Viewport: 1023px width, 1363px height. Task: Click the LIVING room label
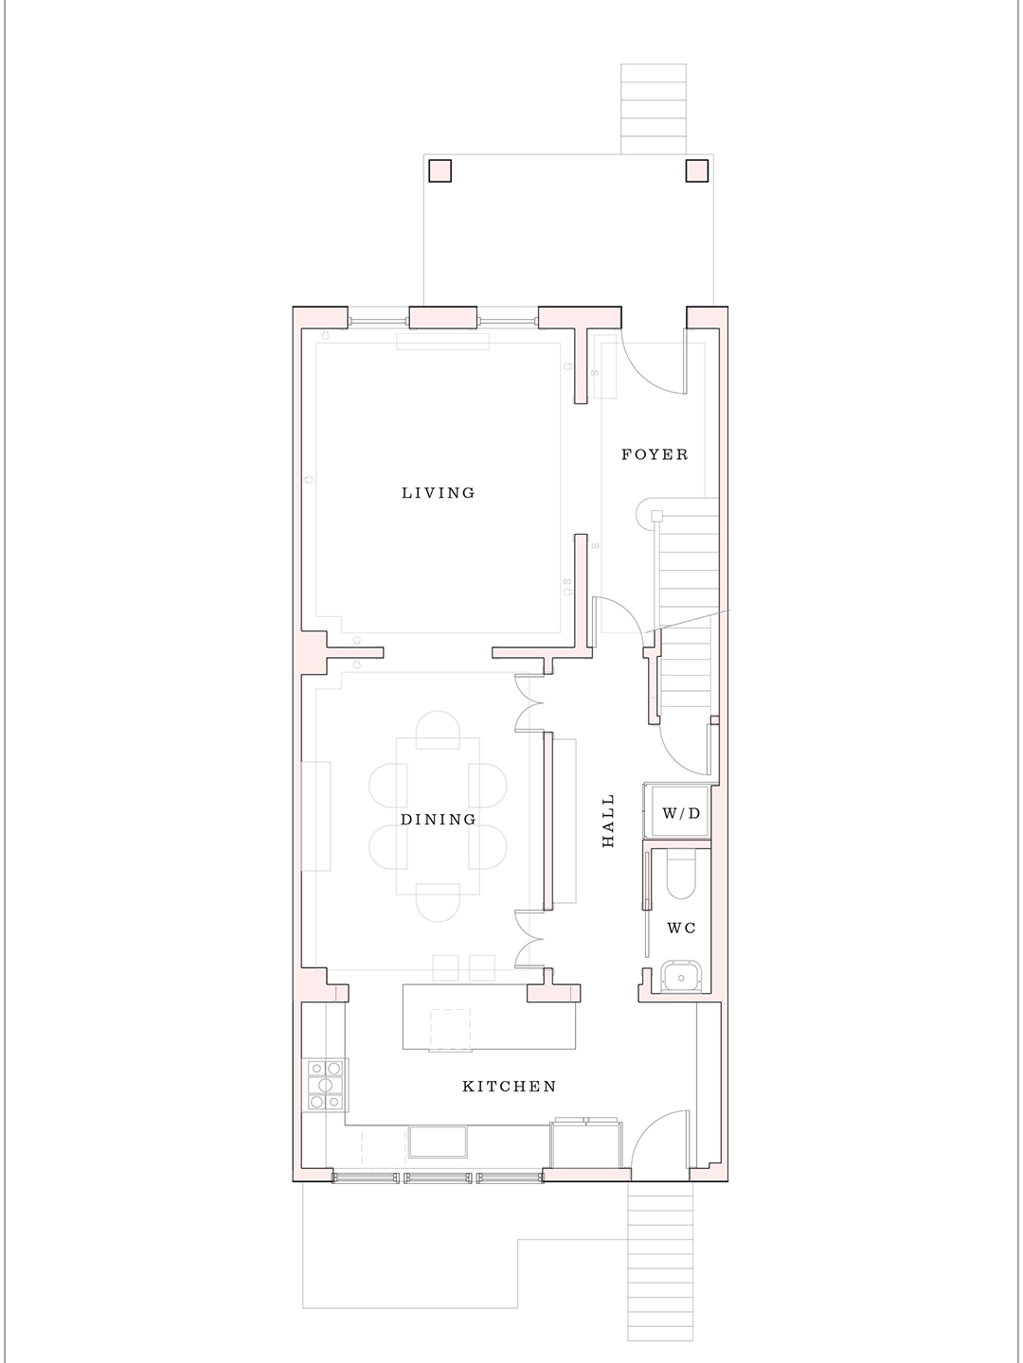[x=438, y=492]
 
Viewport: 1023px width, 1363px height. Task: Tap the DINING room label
[x=438, y=819]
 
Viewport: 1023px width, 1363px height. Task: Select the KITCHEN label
[x=509, y=1086]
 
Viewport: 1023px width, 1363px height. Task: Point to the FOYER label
[x=655, y=454]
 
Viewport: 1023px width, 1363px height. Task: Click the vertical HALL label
[x=608, y=820]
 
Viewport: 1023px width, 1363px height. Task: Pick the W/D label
[x=680, y=813]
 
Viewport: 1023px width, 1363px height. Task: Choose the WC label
[x=681, y=928]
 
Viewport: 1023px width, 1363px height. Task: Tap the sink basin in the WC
[x=679, y=978]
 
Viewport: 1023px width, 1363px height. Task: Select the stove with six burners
[x=324, y=1085]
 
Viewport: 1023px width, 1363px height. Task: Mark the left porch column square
[x=440, y=170]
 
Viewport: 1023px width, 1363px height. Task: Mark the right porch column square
[x=696, y=170]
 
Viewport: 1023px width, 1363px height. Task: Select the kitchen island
[x=489, y=1017]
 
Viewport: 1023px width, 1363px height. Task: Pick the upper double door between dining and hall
[x=528, y=702]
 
